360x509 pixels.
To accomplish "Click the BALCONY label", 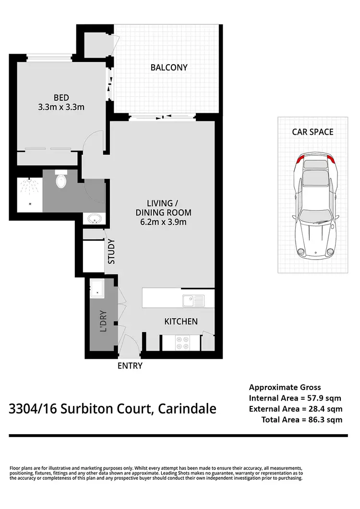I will click(x=169, y=68).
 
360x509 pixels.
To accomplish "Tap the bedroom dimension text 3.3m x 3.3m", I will click(x=61, y=107).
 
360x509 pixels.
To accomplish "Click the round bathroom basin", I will click(x=95, y=219).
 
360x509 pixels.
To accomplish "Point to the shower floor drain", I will click(x=30, y=203).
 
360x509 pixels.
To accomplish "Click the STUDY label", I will click(x=111, y=251).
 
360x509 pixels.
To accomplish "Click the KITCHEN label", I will click(x=181, y=321).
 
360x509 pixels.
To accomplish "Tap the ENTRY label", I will click(x=130, y=366).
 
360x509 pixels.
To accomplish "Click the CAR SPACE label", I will click(x=312, y=131).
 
